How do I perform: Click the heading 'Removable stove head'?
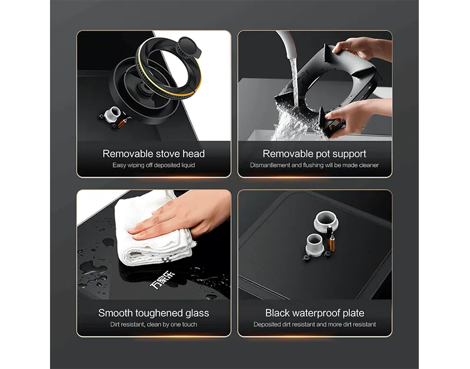(154, 154)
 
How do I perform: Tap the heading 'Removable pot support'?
(315, 154)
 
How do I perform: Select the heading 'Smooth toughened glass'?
(154, 313)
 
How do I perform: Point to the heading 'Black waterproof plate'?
(315, 313)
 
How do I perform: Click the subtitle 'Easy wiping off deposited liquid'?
(154, 165)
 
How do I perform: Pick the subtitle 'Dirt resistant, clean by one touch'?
(154, 324)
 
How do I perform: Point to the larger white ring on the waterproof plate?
(326, 221)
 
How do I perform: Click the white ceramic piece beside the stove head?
(114, 114)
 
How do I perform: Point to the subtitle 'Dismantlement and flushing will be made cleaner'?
(315, 165)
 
